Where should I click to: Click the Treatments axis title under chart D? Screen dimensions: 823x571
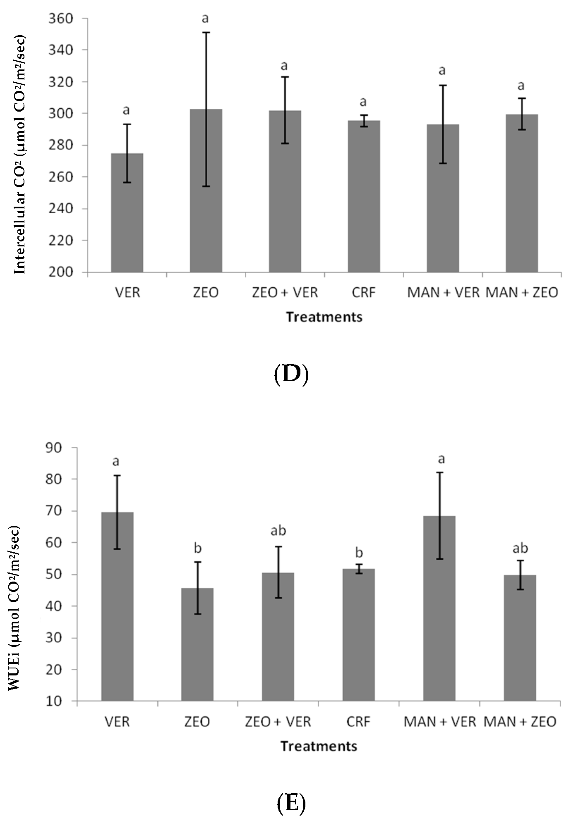[324, 317]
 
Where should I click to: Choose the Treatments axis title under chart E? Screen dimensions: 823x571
[319, 746]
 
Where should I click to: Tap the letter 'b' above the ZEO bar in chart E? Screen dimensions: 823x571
[197, 549]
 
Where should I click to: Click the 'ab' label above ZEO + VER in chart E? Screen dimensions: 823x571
[278, 530]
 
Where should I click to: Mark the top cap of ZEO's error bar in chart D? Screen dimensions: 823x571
[206, 32]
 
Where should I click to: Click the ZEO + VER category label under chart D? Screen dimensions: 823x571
[285, 293]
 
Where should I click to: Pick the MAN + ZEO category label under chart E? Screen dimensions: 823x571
[520, 722]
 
